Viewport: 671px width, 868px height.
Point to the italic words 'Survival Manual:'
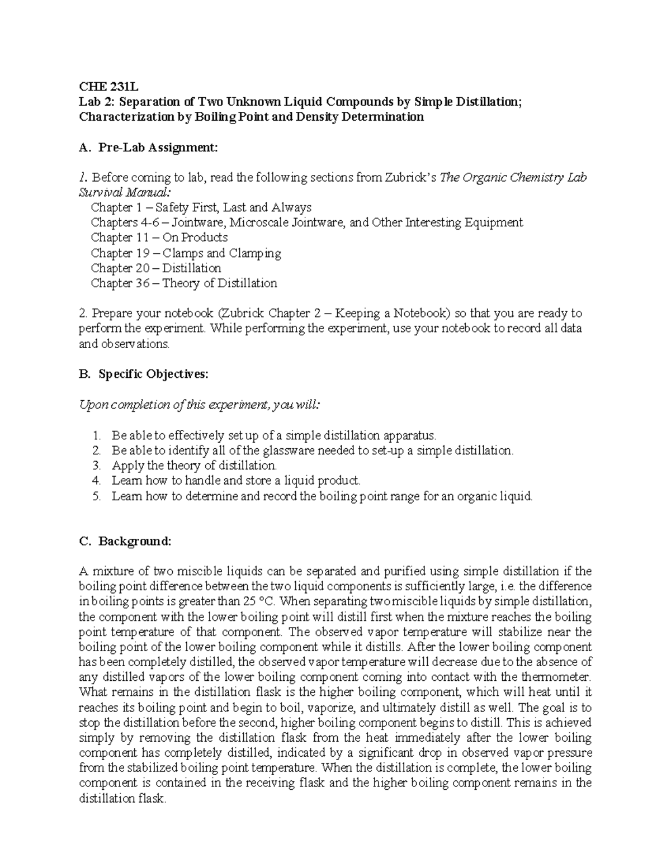coord(124,193)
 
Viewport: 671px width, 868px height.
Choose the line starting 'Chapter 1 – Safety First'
coord(201,208)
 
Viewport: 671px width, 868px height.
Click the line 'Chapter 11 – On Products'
coord(159,238)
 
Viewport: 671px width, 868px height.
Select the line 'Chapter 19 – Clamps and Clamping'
coord(186,253)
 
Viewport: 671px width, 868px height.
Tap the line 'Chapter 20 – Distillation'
coord(155,268)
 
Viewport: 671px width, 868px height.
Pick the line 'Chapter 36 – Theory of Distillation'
coord(183,283)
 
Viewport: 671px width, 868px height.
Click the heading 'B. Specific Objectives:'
coord(144,374)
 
